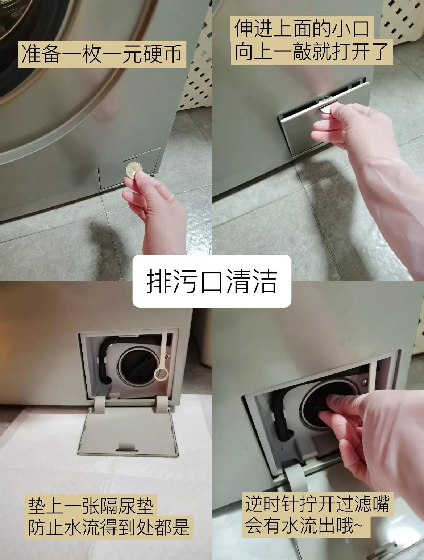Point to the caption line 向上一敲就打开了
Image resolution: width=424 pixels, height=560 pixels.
pos(312,52)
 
